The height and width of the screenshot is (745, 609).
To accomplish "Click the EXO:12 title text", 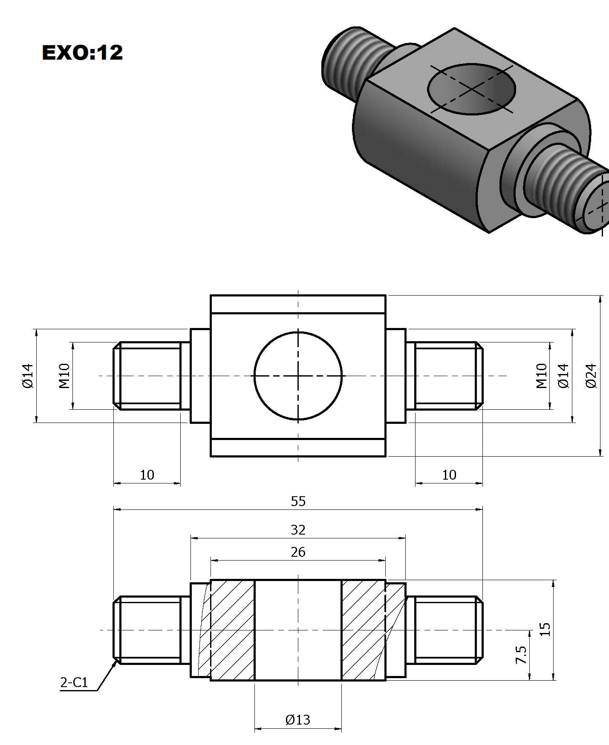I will coord(82,52).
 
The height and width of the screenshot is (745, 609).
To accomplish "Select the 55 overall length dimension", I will coord(298,501).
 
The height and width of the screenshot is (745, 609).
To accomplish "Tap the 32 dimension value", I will coord(298,530).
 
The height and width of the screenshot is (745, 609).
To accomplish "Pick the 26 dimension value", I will coord(298,552).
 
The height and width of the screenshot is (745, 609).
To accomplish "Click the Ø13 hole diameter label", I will coord(297,720).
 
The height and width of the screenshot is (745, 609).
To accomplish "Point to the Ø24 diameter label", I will coord(591,376).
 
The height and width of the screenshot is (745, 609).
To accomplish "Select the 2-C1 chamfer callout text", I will coord(74,683).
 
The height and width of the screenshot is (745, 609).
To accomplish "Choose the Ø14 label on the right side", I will coord(563,376).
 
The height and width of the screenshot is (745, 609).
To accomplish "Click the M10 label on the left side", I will coord(64,376).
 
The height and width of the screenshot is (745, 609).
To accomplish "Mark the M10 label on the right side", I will coord(541,376).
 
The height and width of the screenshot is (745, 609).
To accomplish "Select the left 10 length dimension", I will coord(147,475).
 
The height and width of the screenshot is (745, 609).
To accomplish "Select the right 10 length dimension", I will coord(449,475).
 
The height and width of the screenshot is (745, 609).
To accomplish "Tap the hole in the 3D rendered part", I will coord(471,89).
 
